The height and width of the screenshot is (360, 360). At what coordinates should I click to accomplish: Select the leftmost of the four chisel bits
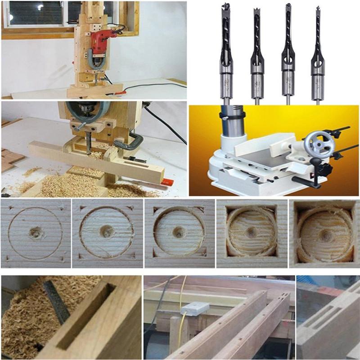(225, 54)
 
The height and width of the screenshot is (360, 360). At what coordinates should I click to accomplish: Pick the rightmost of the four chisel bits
(318, 54)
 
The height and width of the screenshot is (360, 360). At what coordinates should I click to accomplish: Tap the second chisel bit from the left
(257, 54)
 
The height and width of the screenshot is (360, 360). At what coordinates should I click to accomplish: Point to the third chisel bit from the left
(288, 54)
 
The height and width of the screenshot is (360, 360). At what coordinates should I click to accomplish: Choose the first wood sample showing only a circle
(35, 233)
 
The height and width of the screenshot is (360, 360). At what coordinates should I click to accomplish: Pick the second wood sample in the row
(107, 233)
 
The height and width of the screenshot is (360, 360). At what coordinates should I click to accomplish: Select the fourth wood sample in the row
(252, 233)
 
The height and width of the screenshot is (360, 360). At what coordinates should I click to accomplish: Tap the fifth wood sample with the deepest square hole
(324, 233)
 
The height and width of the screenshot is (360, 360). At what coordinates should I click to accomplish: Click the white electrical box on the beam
(194, 309)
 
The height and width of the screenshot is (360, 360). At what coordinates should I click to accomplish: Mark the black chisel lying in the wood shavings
(56, 301)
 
